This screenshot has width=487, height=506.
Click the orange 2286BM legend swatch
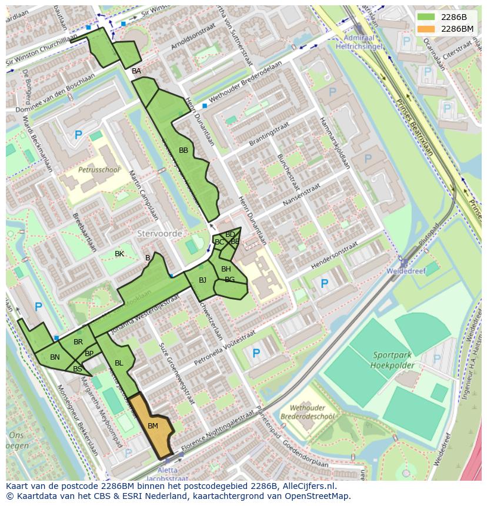[x=427, y=29]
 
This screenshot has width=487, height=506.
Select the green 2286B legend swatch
[x=427, y=17]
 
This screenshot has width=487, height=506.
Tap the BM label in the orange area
[x=153, y=425]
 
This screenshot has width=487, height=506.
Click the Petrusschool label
[x=99, y=170]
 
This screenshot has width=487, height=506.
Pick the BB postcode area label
[x=184, y=150]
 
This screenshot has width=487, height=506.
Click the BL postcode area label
[x=119, y=363]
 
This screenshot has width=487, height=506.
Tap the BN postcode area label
[x=55, y=357]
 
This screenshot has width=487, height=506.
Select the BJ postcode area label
[x=202, y=280]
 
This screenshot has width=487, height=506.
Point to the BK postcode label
[x=119, y=254]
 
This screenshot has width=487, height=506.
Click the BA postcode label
[x=136, y=71]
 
